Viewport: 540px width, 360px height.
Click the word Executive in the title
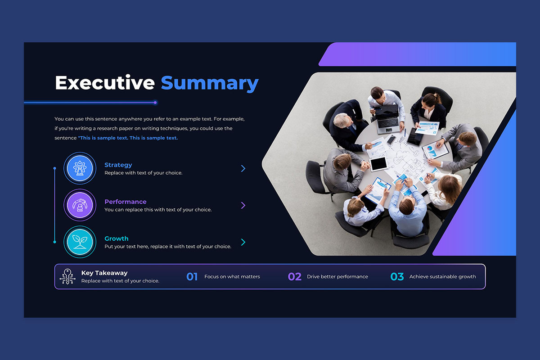pyautogui.click(x=105, y=83)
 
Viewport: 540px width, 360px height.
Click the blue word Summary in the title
pyautogui.click(x=210, y=84)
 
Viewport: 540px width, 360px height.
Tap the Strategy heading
pyautogui.click(x=118, y=165)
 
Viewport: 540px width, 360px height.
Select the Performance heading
pyautogui.click(x=126, y=202)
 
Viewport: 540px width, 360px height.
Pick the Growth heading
pyautogui.click(x=117, y=238)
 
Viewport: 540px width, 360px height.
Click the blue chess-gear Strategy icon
pyautogui.click(x=80, y=168)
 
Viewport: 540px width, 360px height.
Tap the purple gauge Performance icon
pyautogui.click(x=80, y=205)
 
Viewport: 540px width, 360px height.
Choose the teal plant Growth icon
pyautogui.click(x=80, y=242)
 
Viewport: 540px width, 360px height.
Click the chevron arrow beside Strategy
pyautogui.click(x=243, y=168)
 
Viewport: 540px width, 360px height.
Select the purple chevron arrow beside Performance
pyautogui.click(x=243, y=205)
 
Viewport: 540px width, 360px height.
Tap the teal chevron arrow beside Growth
pyautogui.click(x=243, y=242)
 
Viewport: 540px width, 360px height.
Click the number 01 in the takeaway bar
pyautogui.click(x=192, y=277)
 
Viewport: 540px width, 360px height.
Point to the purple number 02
pyautogui.click(x=295, y=277)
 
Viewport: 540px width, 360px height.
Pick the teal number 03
pyautogui.click(x=397, y=277)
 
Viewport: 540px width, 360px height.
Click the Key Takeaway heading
pyautogui.click(x=104, y=273)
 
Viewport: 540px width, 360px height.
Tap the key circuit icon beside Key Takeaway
pyautogui.click(x=67, y=277)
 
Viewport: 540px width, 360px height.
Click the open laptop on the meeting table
pyautogui.click(x=387, y=119)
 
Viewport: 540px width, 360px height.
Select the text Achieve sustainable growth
pyautogui.click(x=443, y=277)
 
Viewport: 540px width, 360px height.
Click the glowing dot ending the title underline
pyautogui.click(x=155, y=103)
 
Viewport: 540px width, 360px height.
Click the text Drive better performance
pyautogui.click(x=337, y=277)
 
